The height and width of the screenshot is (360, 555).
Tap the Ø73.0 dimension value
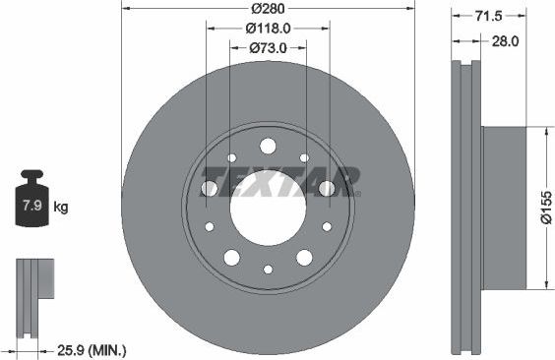[x=268, y=47]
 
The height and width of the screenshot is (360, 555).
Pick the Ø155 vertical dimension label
[x=546, y=207]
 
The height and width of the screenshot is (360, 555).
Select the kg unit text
[x=61, y=207]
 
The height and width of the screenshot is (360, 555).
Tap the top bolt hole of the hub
[x=268, y=146]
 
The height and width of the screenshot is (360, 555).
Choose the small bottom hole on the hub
[x=268, y=269]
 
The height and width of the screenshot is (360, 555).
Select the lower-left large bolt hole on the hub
[x=232, y=257]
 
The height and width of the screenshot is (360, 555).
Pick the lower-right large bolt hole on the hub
[x=304, y=257]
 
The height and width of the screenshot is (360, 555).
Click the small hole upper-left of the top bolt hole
[x=232, y=157]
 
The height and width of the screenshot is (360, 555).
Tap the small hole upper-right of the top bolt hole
[x=304, y=157]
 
